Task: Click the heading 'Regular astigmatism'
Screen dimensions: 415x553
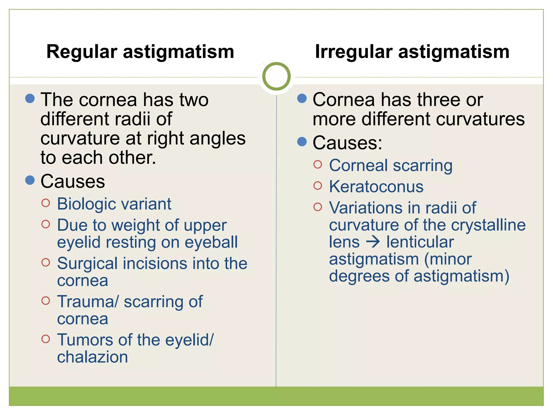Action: (x=140, y=52)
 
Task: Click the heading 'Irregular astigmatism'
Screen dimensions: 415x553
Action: (x=412, y=52)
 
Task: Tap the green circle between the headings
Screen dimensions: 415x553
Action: (x=276, y=76)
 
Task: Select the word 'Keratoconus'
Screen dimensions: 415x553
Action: (x=376, y=187)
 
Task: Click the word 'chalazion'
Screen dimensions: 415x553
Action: (x=92, y=357)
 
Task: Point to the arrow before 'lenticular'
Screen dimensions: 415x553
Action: (x=373, y=242)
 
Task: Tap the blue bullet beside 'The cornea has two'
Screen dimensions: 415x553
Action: (x=30, y=98)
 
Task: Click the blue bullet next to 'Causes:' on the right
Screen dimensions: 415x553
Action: (x=302, y=141)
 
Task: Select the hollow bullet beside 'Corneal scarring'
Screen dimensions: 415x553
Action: (x=318, y=164)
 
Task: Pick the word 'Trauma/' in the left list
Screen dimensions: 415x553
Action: (x=88, y=302)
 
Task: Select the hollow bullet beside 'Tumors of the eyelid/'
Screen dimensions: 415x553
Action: (x=46, y=339)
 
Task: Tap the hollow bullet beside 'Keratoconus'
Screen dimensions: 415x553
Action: (x=318, y=186)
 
